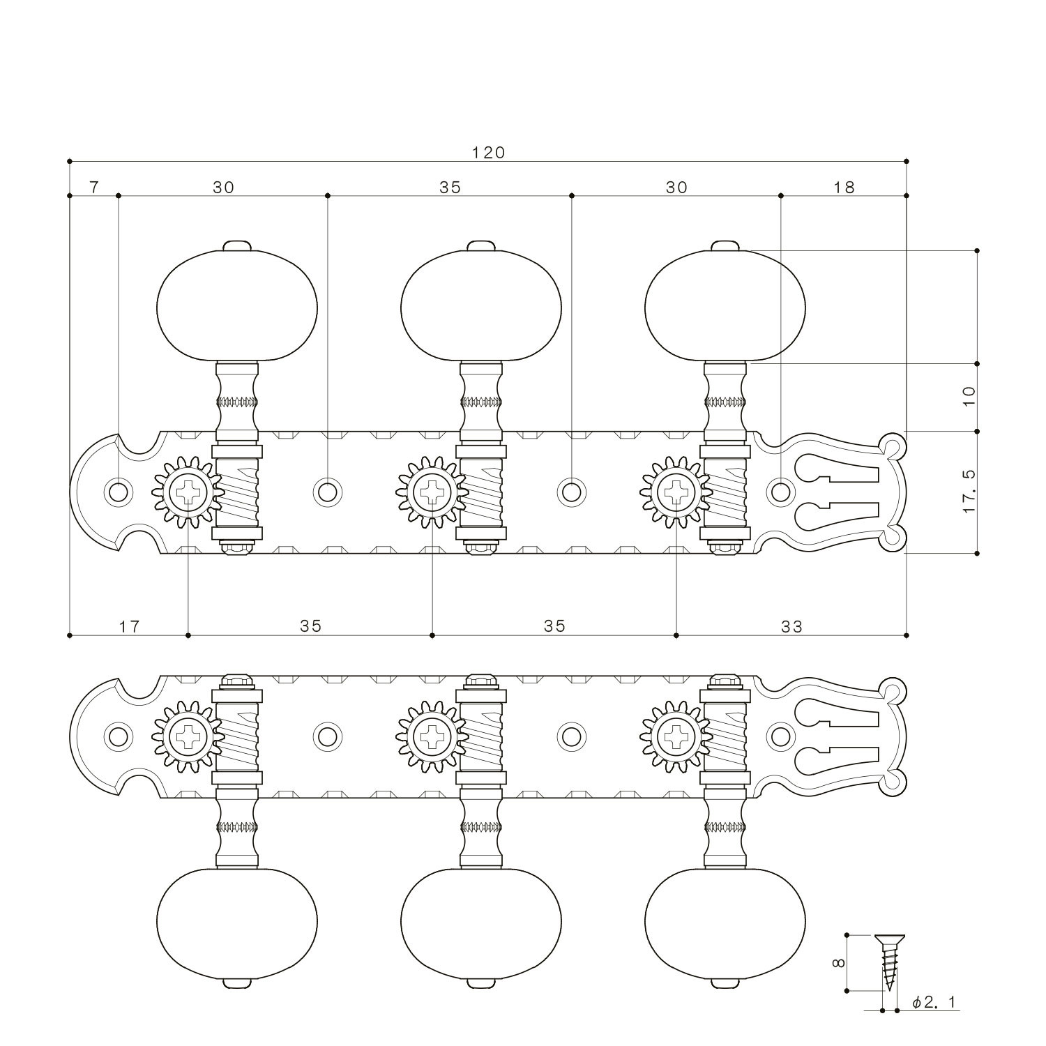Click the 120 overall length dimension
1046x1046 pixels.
point(488,152)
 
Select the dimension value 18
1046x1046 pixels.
point(844,187)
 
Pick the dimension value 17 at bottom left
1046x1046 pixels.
point(129,626)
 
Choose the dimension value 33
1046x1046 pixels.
point(791,626)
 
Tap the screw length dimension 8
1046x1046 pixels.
point(839,963)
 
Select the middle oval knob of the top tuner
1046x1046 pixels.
point(481,304)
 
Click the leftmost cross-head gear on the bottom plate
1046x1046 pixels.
point(188,736)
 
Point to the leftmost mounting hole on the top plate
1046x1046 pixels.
point(119,492)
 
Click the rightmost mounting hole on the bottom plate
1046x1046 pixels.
point(780,736)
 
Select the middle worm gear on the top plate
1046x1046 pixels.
point(481,492)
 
